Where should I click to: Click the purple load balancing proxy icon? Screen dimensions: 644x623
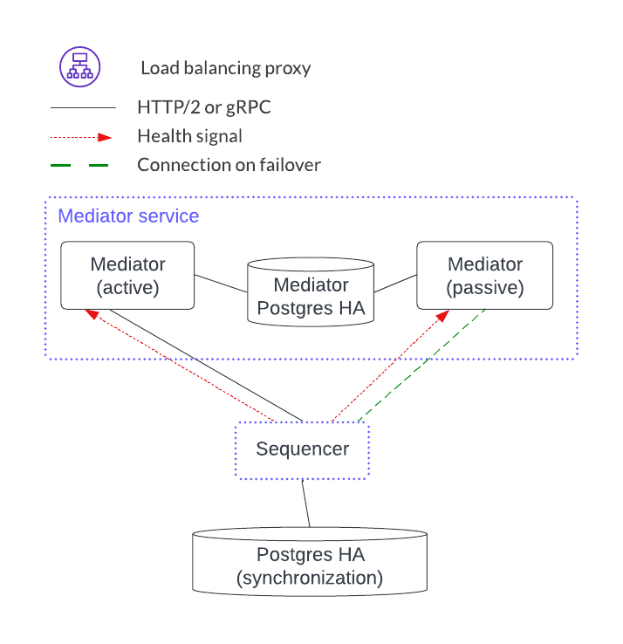click(80, 67)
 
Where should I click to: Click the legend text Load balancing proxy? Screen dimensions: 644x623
click(225, 68)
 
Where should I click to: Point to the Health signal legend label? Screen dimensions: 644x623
click(189, 136)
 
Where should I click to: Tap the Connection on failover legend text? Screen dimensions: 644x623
click(229, 165)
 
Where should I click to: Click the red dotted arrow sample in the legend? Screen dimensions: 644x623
click(82, 137)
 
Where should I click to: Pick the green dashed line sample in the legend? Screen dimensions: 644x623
click(82, 165)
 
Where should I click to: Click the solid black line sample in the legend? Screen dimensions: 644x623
click(82, 108)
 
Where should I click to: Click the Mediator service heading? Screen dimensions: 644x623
click(128, 216)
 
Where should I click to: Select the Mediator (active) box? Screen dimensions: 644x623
click(127, 275)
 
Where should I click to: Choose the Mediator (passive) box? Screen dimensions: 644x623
click(484, 275)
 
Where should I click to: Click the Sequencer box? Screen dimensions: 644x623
click(302, 450)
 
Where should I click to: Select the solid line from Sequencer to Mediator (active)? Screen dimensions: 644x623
click(206, 364)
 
